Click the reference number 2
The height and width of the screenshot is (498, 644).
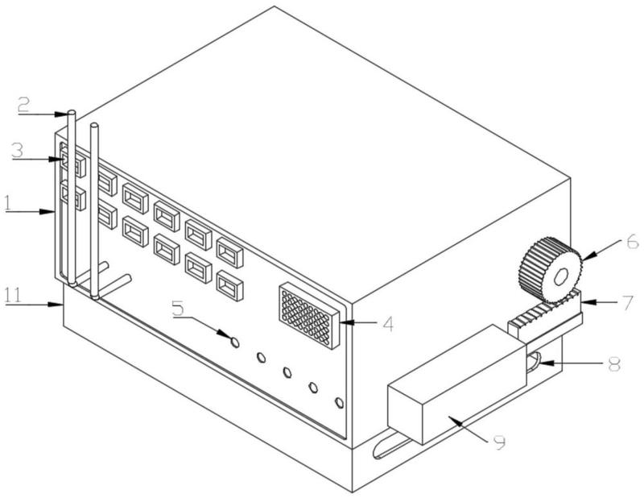pyautogui.click(x=24, y=104)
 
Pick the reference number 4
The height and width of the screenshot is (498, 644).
pyautogui.click(x=390, y=325)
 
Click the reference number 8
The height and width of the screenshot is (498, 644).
pyautogui.click(x=613, y=364)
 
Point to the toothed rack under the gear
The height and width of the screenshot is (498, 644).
pyautogui.click(x=544, y=316)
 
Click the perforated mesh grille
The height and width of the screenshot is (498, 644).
pyautogui.click(x=310, y=316)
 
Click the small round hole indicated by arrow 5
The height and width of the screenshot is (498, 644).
pyautogui.click(x=235, y=342)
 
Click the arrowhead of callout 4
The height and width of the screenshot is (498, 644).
pyautogui.click(x=341, y=325)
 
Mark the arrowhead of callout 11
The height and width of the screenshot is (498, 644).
pyautogui.click(x=62, y=304)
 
